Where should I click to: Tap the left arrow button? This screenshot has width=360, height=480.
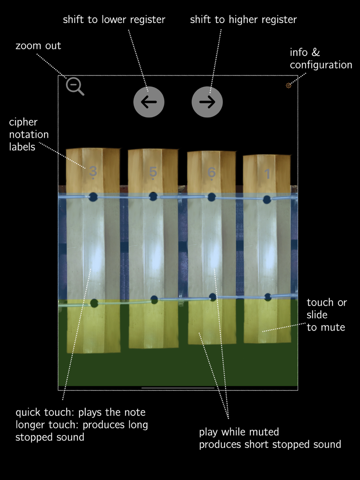pos(149,102)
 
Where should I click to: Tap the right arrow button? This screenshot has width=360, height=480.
pos(207,102)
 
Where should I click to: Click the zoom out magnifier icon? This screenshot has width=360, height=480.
pos(75,86)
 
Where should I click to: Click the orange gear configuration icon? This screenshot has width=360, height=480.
pos(288,85)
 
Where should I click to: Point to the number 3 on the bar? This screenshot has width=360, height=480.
pos(93,171)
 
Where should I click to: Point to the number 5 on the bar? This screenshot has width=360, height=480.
pos(153,172)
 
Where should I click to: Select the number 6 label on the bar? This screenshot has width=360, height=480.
pos(212,172)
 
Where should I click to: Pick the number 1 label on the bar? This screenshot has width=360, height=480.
pos(267,174)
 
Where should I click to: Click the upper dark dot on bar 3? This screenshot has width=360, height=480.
pos(93,197)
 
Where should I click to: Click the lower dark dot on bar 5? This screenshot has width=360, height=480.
pos(154,300)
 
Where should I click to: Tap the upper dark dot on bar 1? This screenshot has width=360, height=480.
pos(267,199)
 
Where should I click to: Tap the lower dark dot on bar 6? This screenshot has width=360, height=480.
pos(212,297)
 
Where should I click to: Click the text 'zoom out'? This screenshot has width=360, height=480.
pos(38,46)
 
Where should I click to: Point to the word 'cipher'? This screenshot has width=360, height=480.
pos(23,122)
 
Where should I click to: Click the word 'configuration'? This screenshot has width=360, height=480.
pos(321,65)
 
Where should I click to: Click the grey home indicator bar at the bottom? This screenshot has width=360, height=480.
pos(178,388)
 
